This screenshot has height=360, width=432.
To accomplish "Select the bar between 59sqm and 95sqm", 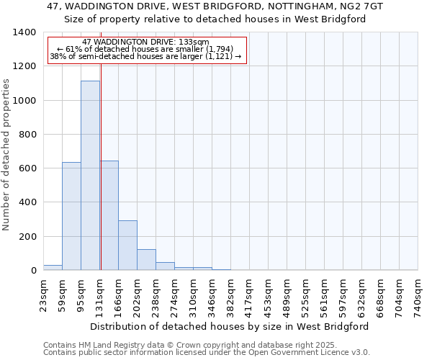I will tap(71, 216).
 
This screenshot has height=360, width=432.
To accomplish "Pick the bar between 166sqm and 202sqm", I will tap(127, 245).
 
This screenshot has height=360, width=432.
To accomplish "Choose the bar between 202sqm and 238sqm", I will tap(146, 259).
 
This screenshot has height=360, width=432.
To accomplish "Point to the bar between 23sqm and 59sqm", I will tap(53, 267).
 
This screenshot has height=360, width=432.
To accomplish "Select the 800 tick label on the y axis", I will tap(27, 135).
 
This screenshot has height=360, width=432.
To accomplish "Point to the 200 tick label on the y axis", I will tap(27, 237).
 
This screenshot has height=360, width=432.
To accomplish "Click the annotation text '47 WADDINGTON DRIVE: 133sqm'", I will tap(146, 42).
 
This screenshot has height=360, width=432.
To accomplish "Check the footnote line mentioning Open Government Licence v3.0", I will tap(207, 353).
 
